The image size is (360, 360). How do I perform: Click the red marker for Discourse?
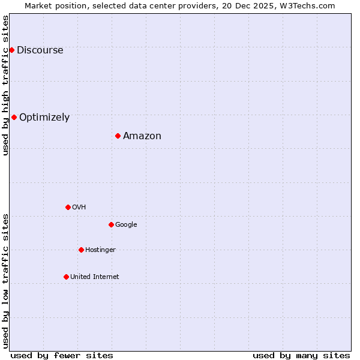[11, 50]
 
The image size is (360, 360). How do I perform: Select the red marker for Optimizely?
[14, 117]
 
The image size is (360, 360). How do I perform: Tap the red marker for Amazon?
[118, 136]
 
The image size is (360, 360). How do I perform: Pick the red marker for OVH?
[68, 207]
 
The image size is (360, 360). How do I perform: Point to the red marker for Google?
[111, 224]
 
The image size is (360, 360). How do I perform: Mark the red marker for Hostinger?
[81, 250]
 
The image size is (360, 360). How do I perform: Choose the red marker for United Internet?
[66, 277]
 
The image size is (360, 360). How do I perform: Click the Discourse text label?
[40, 50]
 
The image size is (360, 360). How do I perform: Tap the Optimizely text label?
[44, 118]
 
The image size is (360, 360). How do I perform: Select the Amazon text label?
[142, 136]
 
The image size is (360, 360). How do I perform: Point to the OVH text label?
[79, 208]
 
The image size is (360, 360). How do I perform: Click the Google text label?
[126, 225]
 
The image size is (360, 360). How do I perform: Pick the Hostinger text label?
[100, 250]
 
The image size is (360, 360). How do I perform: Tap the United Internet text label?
[95, 277]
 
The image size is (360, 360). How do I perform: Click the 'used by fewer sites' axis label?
[62, 355]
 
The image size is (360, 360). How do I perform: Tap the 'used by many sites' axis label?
[301, 355]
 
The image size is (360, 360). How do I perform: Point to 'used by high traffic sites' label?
[6, 85]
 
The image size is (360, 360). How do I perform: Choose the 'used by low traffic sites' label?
[6, 281]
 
